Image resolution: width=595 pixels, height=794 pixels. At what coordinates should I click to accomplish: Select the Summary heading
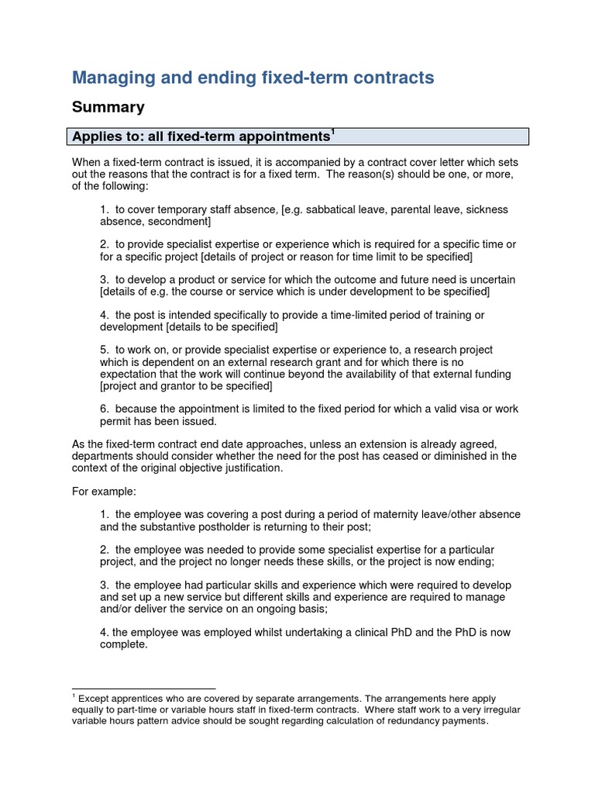click(x=108, y=107)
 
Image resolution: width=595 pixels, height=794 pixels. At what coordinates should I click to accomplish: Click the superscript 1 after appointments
click(x=333, y=133)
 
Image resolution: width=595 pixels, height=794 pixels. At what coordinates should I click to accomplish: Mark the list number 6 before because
click(x=104, y=409)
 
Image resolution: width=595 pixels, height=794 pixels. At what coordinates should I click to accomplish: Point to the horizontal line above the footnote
click(x=143, y=689)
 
